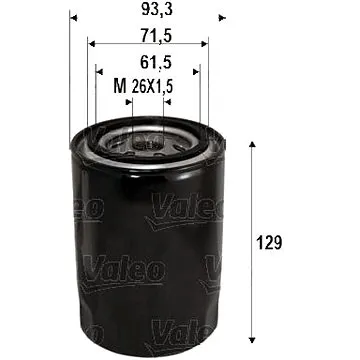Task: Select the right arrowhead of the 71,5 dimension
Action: click(204, 44)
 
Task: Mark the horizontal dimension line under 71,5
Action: click(147, 44)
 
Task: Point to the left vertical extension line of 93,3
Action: click(70, 80)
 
